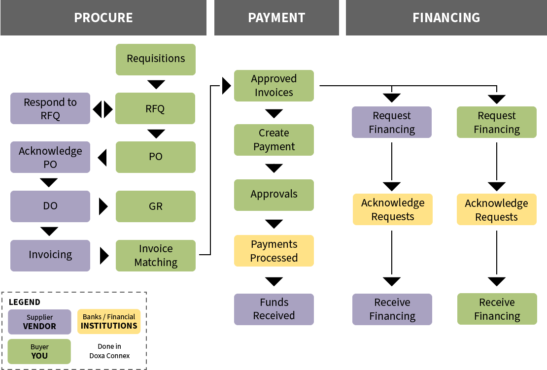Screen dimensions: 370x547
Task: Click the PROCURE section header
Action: click(x=103, y=18)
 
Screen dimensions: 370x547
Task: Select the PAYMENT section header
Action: click(x=276, y=18)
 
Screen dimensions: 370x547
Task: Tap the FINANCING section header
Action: click(x=446, y=18)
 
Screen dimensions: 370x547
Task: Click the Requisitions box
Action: click(x=156, y=59)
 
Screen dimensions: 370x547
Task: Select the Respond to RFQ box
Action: click(x=50, y=108)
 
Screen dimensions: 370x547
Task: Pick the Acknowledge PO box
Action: click(x=50, y=157)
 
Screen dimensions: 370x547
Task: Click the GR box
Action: click(x=156, y=206)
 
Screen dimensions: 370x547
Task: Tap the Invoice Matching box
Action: click(x=156, y=255)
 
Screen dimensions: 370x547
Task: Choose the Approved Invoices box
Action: click(x=274, y=86)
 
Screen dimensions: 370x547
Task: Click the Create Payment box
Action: click(x=274, y=140)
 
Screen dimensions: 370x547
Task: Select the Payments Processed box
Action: click(x=274, y=251)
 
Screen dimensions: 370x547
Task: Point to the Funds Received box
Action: click(x=274, y=309)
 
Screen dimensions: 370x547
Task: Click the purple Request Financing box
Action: click(x=392, y=122)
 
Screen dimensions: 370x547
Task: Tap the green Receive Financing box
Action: click(x=497, y=309)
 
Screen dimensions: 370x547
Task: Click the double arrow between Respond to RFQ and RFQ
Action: click(x=103, y=109)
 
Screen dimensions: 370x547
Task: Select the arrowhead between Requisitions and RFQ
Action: click(x=156, y=84)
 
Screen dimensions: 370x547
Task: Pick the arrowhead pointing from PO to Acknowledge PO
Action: click(x=103, y=158)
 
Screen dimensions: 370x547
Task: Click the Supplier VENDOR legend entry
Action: click(x=39, y=322)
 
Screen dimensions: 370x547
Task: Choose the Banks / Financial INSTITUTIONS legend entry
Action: click(x=109, y=321)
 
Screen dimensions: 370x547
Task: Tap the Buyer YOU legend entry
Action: click(x=39, y=351)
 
